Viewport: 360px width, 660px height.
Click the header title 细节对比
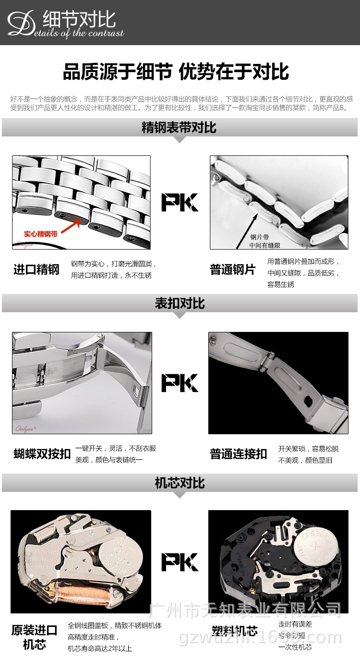click(x=79, y=20)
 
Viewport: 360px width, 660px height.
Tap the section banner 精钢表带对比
click(x=179, y=128)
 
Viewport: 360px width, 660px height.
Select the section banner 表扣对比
click(x=180, y=304)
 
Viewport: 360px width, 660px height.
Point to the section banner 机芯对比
click(x=180, y=483)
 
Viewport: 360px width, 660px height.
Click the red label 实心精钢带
click(x=41, y=234)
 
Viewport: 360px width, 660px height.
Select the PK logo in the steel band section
click(x=180, y=202)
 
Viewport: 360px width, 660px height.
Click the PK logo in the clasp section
click(x=180, y=383)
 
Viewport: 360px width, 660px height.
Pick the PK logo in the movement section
click(x=180, y=562)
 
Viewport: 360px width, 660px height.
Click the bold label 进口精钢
click(x=36, y=269)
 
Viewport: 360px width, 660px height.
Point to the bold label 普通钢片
click(x=233, y=269)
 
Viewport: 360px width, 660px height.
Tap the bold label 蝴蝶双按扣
click(x=42, y=454)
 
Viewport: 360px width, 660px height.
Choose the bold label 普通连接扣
click(x=239, y=454)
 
